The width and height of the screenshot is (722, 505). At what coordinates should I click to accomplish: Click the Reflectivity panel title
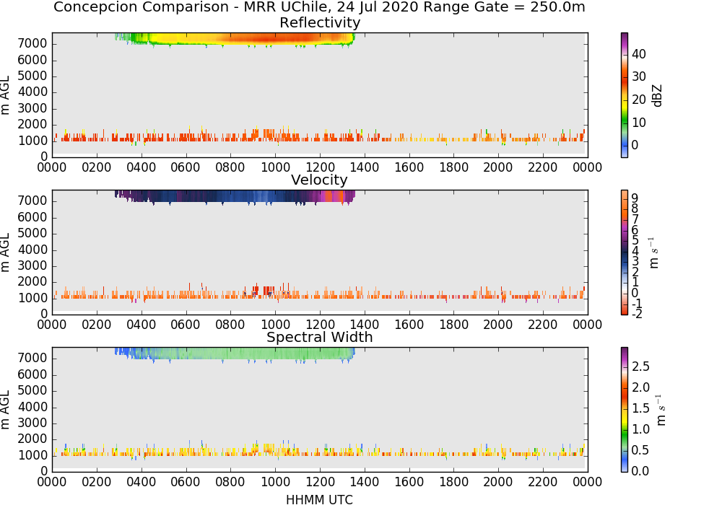(320, 22)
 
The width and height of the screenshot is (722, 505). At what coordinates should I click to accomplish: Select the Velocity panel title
(319, 180)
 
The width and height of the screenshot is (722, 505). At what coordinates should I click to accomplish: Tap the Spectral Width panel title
(320, 337)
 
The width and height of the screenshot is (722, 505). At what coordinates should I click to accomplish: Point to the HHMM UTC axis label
(319, 499)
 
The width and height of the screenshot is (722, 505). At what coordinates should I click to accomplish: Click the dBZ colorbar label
(657, 96)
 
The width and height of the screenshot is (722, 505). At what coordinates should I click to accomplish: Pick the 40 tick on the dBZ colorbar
(639, 54)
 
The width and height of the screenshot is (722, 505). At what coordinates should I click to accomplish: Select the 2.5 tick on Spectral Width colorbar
(640, 366)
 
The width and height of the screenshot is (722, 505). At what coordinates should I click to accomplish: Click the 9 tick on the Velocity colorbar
(635, 198)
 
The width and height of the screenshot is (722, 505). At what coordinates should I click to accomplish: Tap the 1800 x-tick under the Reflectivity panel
(453, 167)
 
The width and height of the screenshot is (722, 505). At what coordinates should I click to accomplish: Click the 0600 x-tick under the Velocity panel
(186, 325)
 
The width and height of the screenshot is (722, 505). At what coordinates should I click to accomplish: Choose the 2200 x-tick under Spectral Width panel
(543, 482)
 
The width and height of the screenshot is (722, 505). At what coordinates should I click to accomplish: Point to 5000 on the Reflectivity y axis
(32, 76)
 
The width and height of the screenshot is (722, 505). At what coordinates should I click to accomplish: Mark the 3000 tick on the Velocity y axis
(32, 265)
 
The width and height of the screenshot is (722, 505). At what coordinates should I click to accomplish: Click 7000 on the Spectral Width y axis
(32, 358)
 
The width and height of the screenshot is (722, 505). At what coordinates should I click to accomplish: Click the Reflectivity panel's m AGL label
(5, 95)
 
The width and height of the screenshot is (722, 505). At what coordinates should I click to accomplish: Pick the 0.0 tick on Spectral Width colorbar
(640, 471)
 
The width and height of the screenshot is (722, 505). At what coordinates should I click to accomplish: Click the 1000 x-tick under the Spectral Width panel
(275, 482)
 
